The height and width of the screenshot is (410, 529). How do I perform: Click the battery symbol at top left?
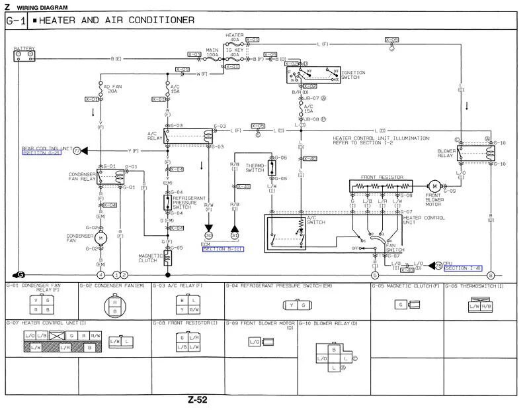pyautogui.click(x=24, y=54)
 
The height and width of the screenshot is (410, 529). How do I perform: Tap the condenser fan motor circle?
pyautogui.click(x=101, y=236)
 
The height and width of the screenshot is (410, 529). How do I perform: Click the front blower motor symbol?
pyautogui.click(x=434, y=186)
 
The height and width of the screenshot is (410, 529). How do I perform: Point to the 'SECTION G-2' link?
pyautogui.click(x=41, y=153)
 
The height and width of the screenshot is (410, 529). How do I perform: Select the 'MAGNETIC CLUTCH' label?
pyautogui.click(x=149, y=257)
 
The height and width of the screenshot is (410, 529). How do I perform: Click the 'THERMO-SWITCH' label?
pyautogui.click(x=255, y=168)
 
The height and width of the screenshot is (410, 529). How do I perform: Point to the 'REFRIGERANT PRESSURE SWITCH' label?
pyautogui.click(x=188, y=202)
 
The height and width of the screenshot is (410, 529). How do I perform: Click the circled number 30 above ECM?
pyautogui.click(x=209, y=235)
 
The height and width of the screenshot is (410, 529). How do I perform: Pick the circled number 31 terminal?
pyautogui.click(x=234, y=235)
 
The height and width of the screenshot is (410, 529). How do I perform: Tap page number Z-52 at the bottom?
pyautogui.click(x=197, y=399)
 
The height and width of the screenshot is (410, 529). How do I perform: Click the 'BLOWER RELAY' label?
pyautogui.click(x=446, y=152)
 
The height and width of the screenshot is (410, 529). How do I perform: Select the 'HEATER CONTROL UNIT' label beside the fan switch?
pyautogui.click(x=421, y=220)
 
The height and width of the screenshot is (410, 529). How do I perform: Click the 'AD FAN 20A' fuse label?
pyautogui.click(x=110, y=88)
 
